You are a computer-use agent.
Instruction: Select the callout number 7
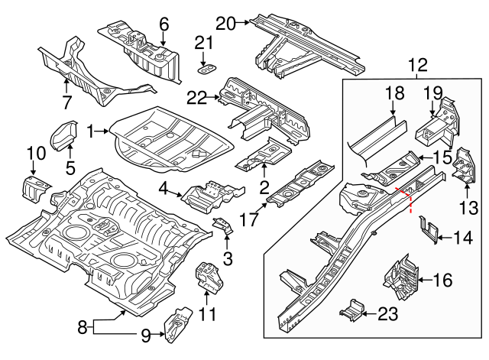(66, 102)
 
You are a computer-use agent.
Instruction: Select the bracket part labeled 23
(351, 310)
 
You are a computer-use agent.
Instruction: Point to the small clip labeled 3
(223, 225)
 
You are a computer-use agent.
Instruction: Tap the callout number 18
(394, 95)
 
